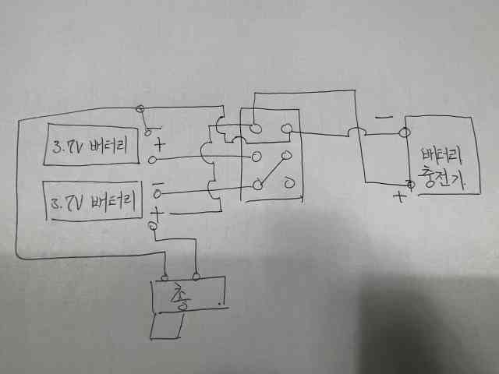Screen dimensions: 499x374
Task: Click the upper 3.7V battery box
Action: coord(92,144)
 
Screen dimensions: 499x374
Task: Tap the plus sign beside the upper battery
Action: coord(161,143)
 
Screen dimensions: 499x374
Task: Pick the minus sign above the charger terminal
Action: coord(384,118)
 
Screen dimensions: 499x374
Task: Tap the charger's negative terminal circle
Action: coord(405,132)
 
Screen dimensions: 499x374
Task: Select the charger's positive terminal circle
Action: coord(409,185)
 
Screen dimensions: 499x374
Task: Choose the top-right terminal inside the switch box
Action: coord(287,129)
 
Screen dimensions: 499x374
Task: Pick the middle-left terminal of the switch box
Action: coord(254,156)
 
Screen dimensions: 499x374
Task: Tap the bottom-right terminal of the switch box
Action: coord(288,183)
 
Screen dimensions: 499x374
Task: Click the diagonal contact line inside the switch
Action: coord(271,173)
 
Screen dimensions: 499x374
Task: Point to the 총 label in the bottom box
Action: coord(182,298)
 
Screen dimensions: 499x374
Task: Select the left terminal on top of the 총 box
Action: coord(165,276)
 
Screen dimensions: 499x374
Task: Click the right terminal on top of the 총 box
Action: coord(196,275)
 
